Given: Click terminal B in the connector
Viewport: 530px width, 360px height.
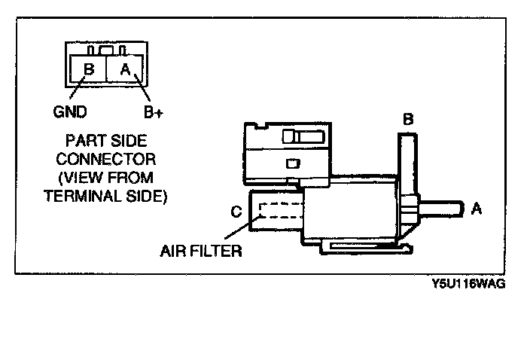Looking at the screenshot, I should pos(88,70).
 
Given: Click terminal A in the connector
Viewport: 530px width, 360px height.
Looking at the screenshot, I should pos(125,70).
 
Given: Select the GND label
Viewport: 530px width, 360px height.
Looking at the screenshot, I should pos(70,112).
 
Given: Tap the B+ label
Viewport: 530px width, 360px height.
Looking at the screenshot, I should pos(154,112).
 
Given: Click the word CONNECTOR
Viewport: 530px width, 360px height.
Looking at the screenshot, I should pos(105,159).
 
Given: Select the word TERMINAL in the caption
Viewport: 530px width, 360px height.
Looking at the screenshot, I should pos(81,195).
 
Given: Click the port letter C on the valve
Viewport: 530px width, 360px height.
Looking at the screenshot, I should pos(236,212).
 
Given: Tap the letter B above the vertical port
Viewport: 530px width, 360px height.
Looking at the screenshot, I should pos(407,119).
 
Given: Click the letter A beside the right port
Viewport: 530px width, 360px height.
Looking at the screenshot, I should pos(476,209).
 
